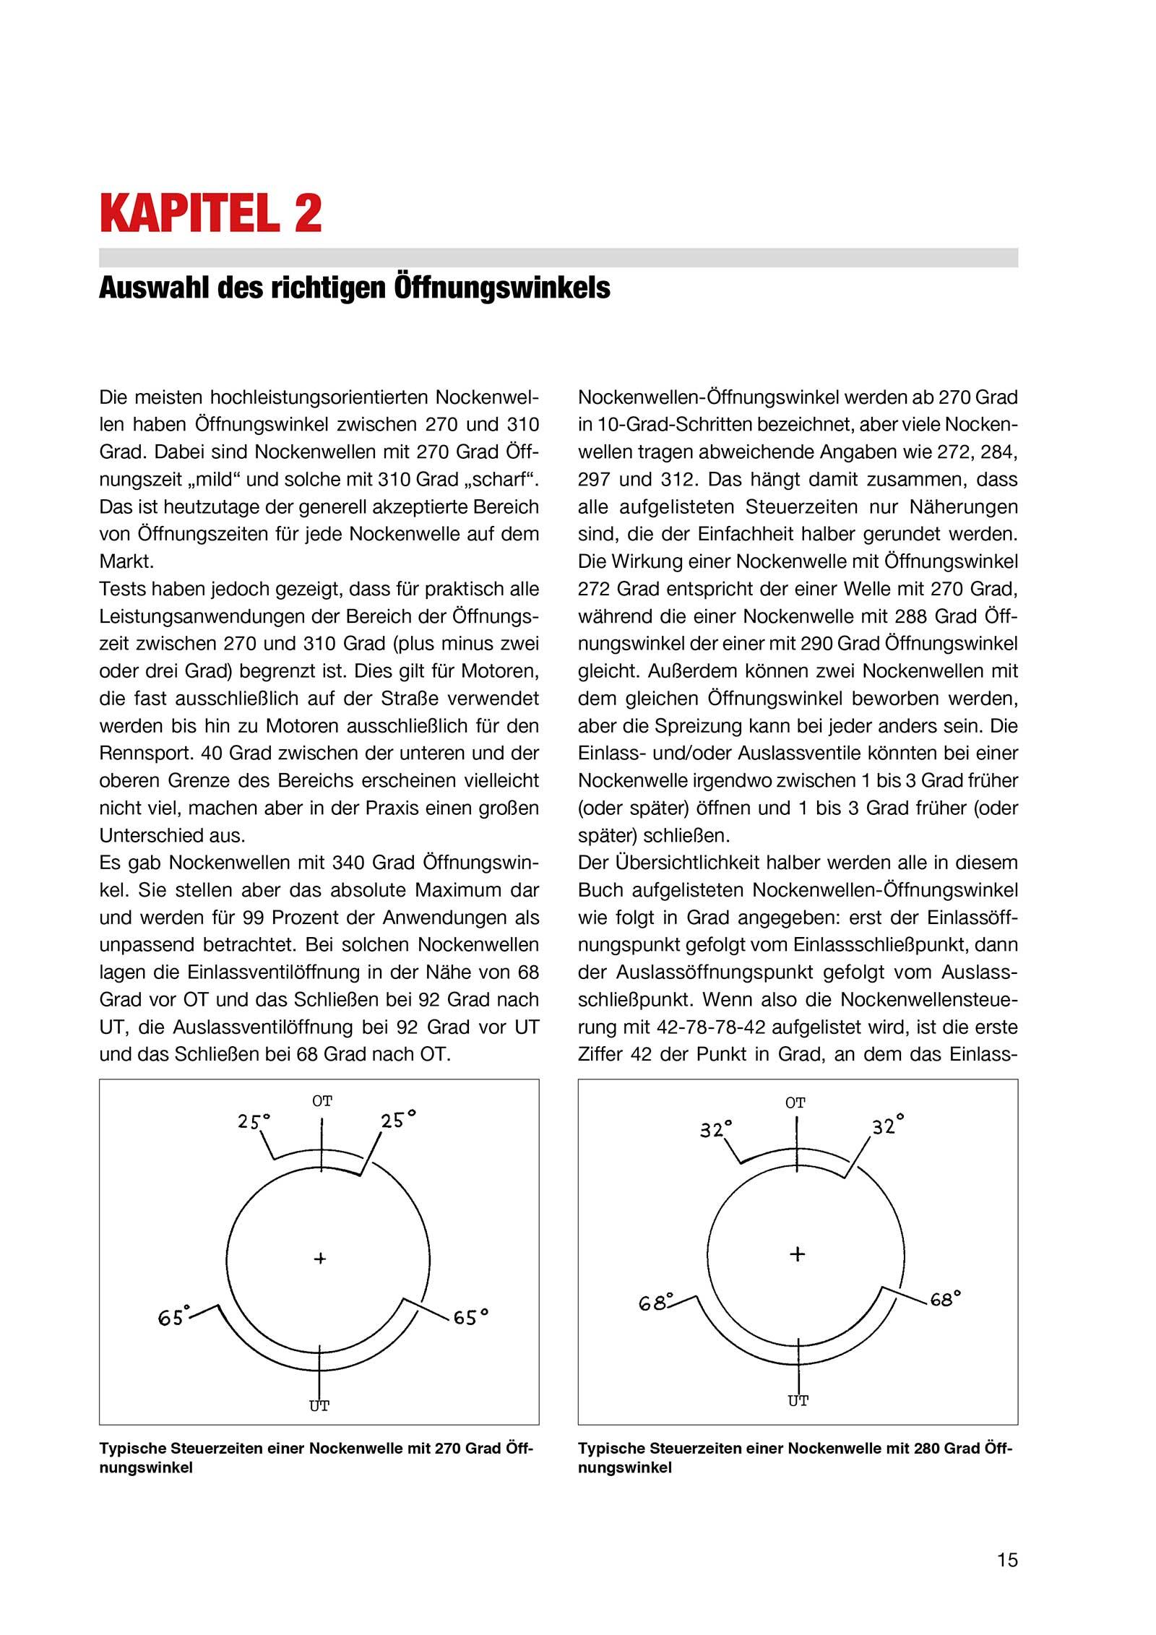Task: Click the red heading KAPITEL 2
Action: [210, 213]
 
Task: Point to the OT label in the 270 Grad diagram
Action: [322, 1101]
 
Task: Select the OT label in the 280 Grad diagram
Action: [795, 1103]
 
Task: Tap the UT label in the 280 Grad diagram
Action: [798, 1401]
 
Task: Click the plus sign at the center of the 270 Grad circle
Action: [320, 1259]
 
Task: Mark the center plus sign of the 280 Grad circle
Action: [797, 1254]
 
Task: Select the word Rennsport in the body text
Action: [140, 753]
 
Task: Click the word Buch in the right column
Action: [599, 890]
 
